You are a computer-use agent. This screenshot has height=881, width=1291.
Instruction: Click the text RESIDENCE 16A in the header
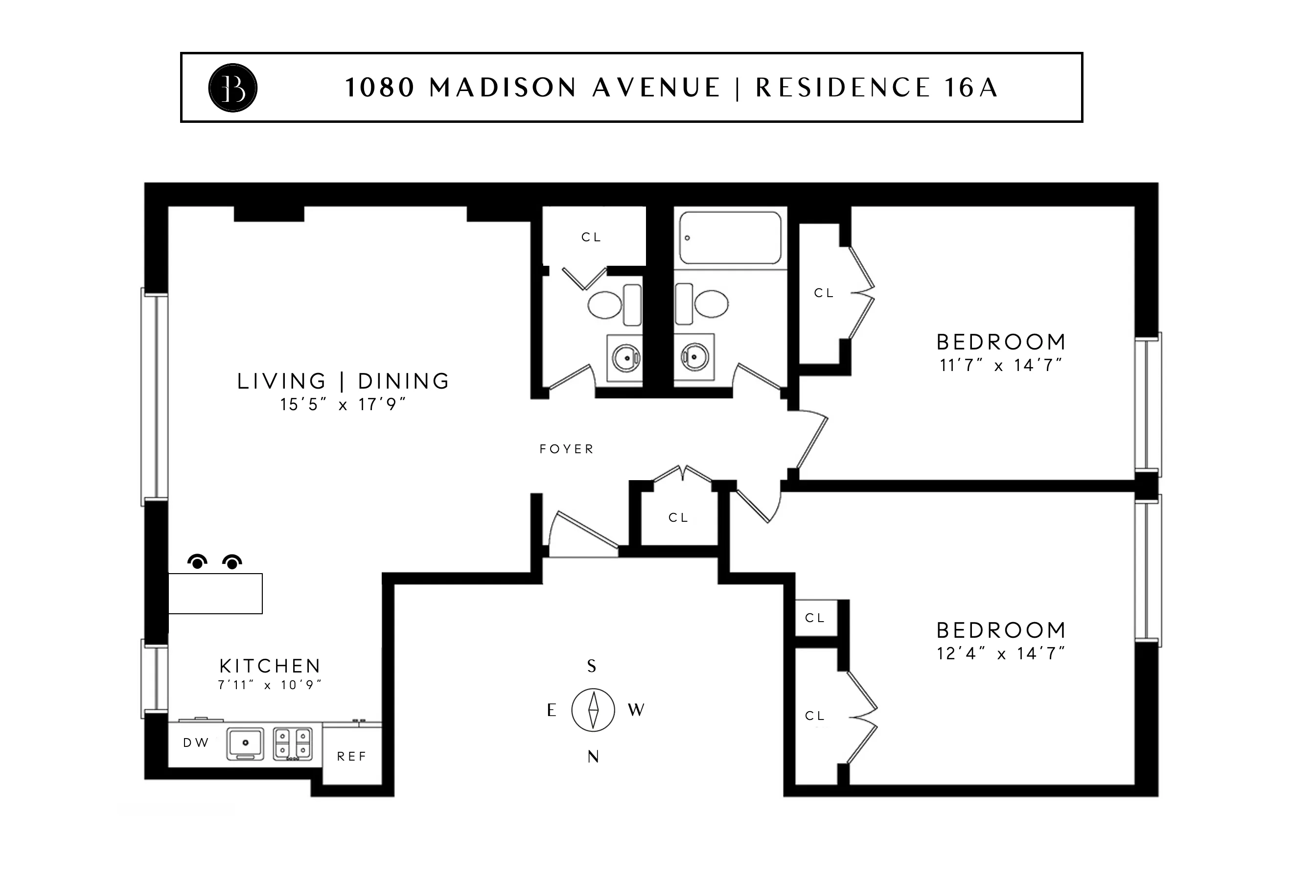(x=876, y=88)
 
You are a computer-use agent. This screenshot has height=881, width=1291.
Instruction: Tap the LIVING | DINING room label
(x=343, y=381)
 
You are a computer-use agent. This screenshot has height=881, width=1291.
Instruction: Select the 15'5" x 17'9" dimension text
(x=343, y=404)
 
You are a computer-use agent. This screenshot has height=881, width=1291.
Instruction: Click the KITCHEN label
(x=270, y=666)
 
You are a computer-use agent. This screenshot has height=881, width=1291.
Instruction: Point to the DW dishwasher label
(x=196, y=742)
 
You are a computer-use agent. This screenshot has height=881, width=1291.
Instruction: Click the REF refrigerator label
(x=352, y=756)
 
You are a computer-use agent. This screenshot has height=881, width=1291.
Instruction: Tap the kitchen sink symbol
(x=245, y=744)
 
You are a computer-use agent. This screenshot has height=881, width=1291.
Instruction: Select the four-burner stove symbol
(x=293, y=744)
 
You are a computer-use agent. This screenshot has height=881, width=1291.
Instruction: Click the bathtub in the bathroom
(x=730, y=238)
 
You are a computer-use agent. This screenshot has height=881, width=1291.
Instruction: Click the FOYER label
(x=567, y=449)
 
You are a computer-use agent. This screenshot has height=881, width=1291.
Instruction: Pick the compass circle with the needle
(x=593, y=709)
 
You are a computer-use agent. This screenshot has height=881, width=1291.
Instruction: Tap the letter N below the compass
(x=593, y=757)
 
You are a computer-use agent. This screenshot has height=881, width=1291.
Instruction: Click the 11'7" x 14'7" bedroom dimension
(x=1000, y=366)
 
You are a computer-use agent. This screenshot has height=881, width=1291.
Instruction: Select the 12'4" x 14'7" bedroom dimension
(x=1000, y=654)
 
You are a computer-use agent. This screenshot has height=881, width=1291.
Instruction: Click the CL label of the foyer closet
(x=678, y=518)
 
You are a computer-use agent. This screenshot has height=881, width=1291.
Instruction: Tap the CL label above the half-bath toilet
(x=591, y=237)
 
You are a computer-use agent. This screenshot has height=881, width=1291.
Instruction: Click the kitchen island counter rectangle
(x=215, y=593)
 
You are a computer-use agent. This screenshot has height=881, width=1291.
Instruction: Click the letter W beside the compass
(x=636, y=710)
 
